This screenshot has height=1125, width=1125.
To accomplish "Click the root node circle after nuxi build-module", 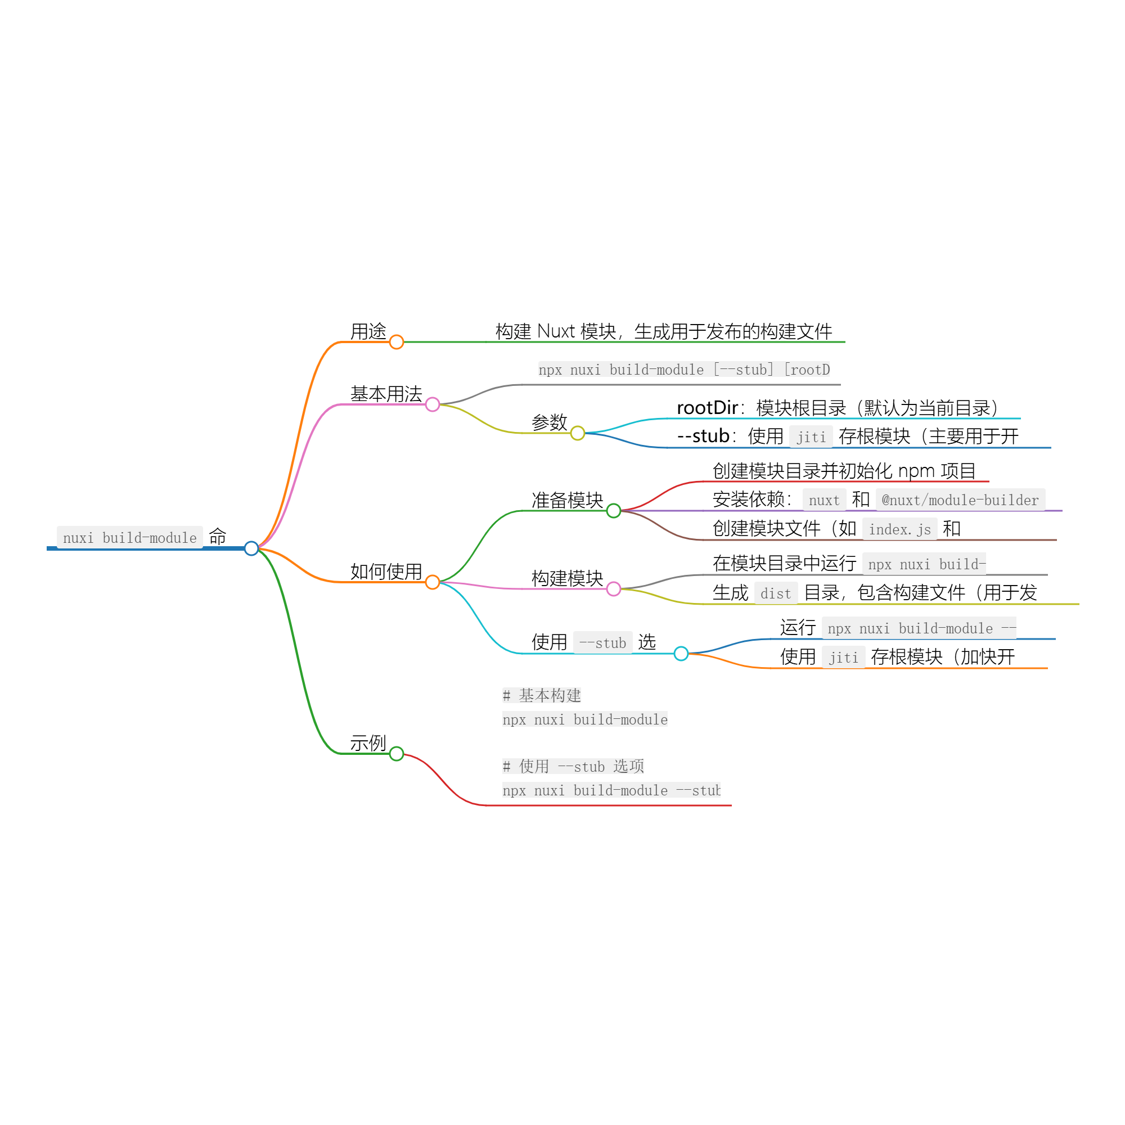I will pyautogui.click(x=251, y=548).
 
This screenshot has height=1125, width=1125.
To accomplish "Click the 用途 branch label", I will pyautogui.click(x=368, y=331).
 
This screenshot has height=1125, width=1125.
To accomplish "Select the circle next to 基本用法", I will pyautogui.click(x=432, y=404).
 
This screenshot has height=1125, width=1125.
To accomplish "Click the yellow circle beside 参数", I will pyautogui.click(x=577, y=433).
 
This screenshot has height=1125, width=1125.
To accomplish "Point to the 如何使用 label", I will pyautogui.click(x=386, y=571).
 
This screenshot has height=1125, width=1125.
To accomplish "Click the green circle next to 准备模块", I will pyautogui.click(x=613, y=511).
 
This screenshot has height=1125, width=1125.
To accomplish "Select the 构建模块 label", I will pyautogui.click(x=567, y=578).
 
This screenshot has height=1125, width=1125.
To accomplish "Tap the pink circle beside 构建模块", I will pyautogui.click(x=613, y=589).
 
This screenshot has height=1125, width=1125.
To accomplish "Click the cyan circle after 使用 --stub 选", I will pyautogui.click(x=681, y=653).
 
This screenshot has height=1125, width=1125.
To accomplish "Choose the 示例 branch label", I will pyautogui.click(x=368, y=743).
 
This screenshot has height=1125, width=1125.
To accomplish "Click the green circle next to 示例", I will pyautogui.click(x=397, y=754).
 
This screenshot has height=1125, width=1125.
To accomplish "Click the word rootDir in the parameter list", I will pyautogui.click(x=707, y=408).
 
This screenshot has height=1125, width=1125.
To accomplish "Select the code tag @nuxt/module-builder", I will pyautogui.click(x=960, y=500).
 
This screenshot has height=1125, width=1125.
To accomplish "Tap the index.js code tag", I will pyautogui.click(x=899, y=529).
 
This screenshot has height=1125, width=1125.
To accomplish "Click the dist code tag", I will pyautogui.click(x=776, y=593).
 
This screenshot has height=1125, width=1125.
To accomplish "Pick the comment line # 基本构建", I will pyautogui.click(x=542, y=695).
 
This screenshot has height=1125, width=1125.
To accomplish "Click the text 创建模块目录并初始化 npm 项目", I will pyautogui.click(x=844, y=470).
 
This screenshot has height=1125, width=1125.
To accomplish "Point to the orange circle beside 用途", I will pyautogui.click(x=397, y=342).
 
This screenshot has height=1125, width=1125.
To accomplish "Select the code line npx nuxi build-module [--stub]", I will pyautogui.click(x=684, y=370).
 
